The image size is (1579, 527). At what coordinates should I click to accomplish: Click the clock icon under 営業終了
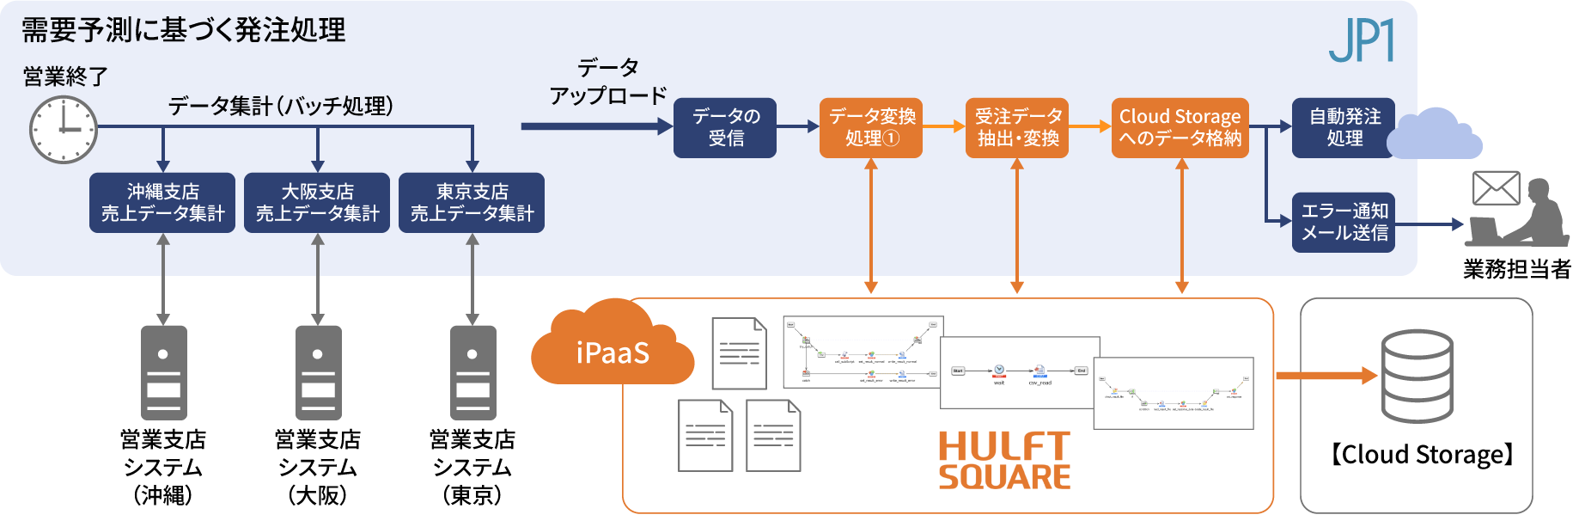pyautogui.click(x=64, y=129)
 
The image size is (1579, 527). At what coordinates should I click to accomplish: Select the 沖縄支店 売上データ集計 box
pyautogui.click(x=162, y=203)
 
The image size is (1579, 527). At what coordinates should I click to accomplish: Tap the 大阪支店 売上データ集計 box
pyautogui.click(x=317, y=203)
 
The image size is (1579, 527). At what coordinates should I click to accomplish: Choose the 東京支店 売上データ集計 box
pyautogui.click(x=472, y=203)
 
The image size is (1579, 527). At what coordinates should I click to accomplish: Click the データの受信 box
pyautogui.click(x=725, y=128)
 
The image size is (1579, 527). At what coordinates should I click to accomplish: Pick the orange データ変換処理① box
pyautogui.click(x=871, y=128)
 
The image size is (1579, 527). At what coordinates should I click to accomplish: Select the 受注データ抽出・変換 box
pyautogui.click(x=1017, y=128)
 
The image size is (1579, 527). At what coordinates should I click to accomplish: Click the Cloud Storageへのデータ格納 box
pyautogui.click(x=1180, y=128)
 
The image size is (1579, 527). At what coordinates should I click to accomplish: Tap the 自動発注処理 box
pyautogui.click(x=1344, y=128)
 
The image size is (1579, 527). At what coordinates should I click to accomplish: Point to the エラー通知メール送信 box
pyautogui.click(x=1344, y=223)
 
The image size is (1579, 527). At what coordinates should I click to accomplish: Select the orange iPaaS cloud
pyautogui.click(x=612, y=347)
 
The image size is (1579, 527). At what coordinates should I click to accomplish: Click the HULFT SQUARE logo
pyautogui.click(x=1004, y=461)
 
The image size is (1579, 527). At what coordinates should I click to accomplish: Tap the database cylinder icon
pyautogui.click(x=1417, y=376)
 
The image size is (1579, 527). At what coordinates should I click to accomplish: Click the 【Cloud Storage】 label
pyautogui.click(x=1422, y=455)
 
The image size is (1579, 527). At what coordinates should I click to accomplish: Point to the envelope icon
pyautogui.click(x=1496, y=188)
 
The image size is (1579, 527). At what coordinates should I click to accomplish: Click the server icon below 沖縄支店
pyautogui.click(x=163, y=372)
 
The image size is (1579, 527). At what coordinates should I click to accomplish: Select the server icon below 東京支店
pyautogui.click(x=472, y=372)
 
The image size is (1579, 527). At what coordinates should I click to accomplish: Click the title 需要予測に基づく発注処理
pyautogui.click(x=183, y=31)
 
